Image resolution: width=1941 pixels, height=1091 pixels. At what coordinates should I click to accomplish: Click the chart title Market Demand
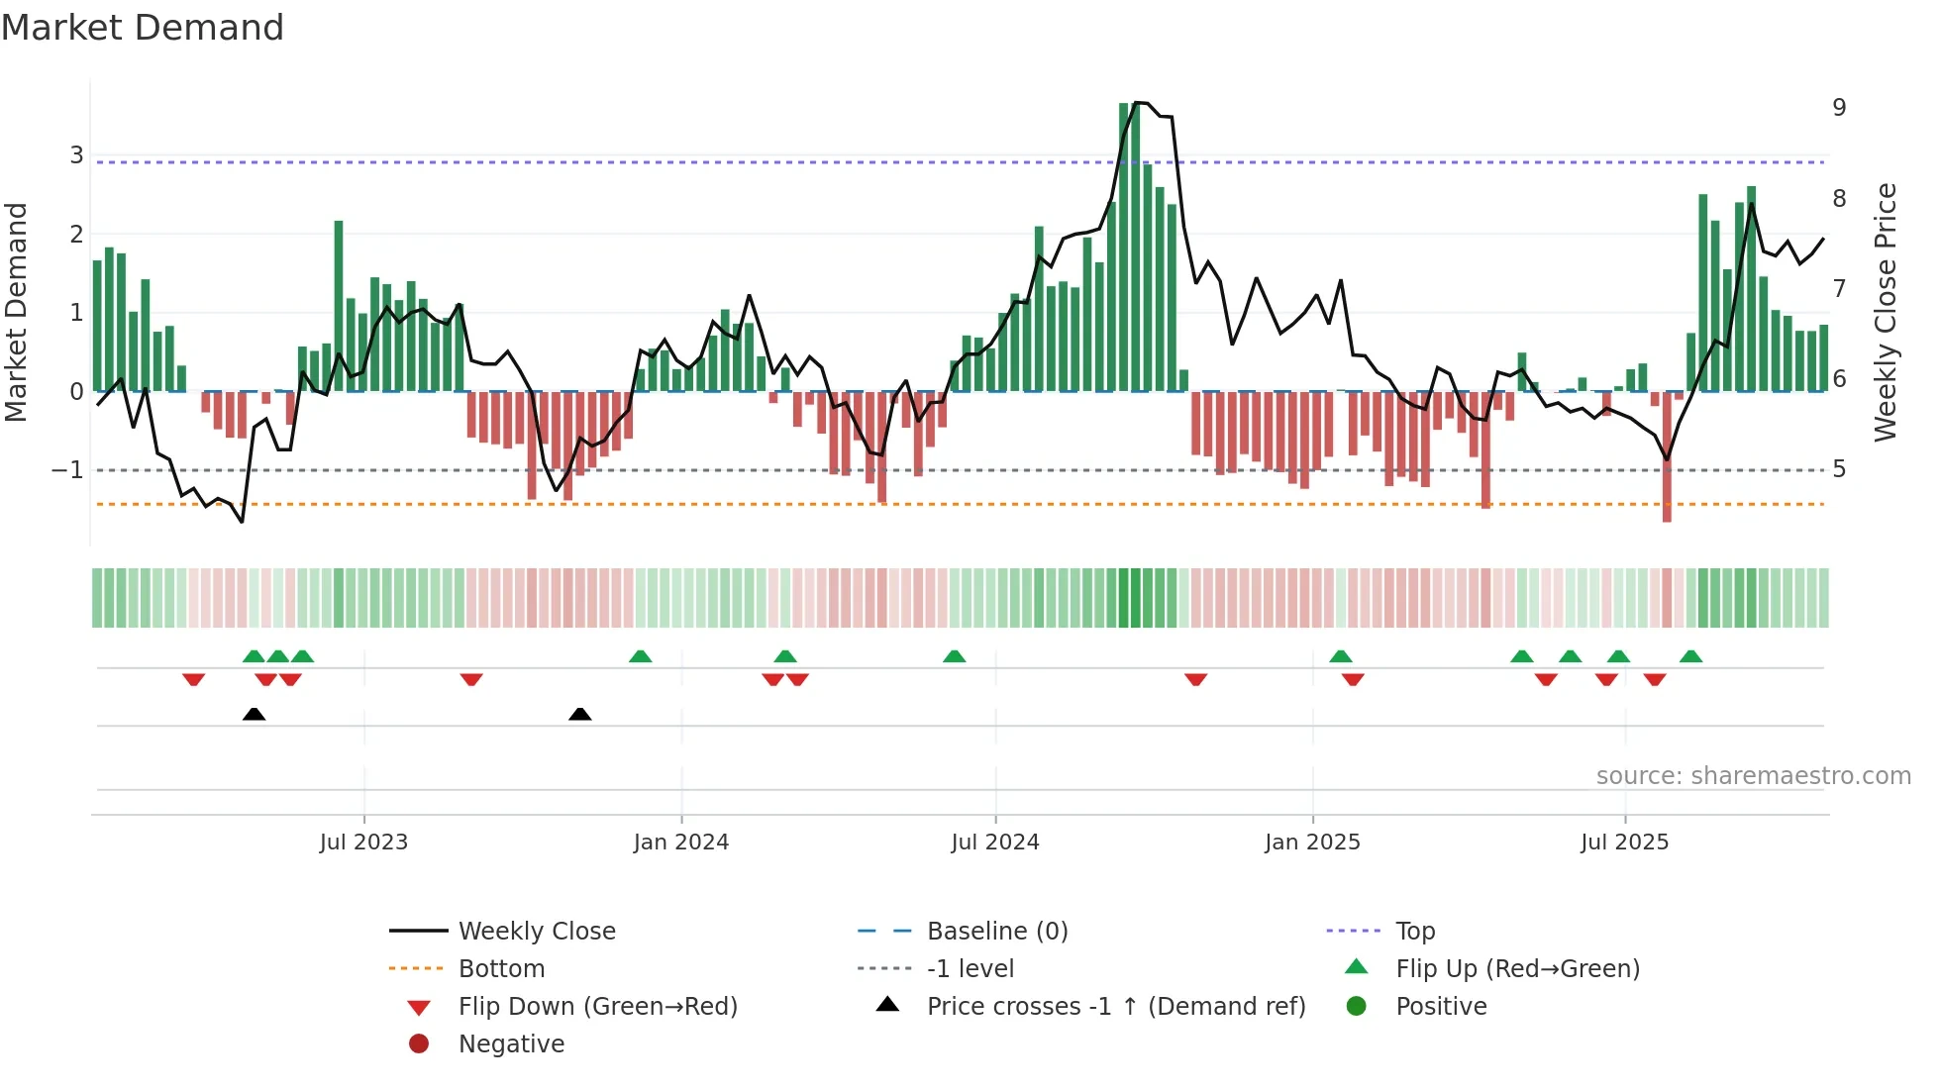click(x=143, y=28)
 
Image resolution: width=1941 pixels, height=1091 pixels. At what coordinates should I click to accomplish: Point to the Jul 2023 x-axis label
click(x=363, y=843)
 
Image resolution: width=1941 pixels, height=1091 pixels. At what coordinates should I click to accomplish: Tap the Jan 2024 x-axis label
click(x=681, y=843)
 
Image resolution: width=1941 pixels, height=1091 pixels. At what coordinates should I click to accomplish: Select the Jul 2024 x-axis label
click(x=995, y=843)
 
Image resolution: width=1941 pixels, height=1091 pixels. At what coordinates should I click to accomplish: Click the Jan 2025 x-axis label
click(x=1312, y=843)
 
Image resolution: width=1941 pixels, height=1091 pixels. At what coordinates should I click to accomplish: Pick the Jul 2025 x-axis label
click(x=1624, y=843)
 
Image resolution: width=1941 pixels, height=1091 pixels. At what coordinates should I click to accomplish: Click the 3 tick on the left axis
click(x=76, y=155)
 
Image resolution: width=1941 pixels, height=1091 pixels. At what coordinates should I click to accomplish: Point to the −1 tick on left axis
click(x=68, y=470)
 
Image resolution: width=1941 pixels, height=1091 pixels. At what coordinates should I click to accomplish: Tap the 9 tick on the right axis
click(x=1839, y=108)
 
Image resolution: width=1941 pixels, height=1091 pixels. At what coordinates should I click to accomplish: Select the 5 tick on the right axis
click(x=1839, y=469)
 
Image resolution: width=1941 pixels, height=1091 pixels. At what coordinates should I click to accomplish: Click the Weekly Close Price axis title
click(x=1886, y=312)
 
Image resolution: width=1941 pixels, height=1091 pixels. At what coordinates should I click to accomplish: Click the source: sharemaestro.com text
click(x=1753, y=776)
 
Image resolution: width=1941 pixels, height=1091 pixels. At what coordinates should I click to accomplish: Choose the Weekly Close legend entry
click(x=537, y=932)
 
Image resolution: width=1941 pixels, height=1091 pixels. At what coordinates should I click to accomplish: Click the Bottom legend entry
click(x=501, y=969)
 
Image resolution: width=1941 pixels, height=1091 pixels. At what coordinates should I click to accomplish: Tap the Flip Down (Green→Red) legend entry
click(x=597, y=1007)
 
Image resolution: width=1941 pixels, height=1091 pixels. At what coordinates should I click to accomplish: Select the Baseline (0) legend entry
click(x=996, y=932)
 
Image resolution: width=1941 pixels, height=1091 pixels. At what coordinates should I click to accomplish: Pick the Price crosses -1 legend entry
click(x=1115, y=1007)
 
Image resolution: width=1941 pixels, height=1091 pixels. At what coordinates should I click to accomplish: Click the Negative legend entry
click(x=511, y=1044)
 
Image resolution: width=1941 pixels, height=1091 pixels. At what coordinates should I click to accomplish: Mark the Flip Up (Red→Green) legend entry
click(x=1517, y=969)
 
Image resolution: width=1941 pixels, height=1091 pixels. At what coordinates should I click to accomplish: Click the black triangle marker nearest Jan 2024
click(x=580, y=714)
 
